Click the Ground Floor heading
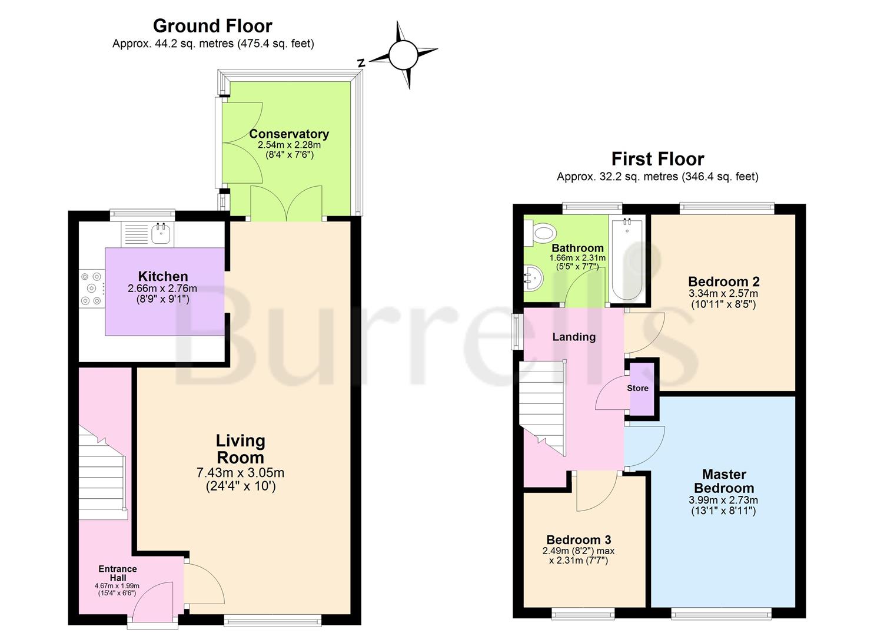[212, 26]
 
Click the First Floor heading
[657, 159]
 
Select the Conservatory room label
[288, 134]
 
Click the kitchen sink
[161, 234]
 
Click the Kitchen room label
[163, 276]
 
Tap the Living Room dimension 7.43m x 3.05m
[240, 473]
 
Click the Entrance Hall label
[117, 573]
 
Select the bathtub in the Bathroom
[627, 260]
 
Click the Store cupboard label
[637, 388]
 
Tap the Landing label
[574, 337]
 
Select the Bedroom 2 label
[723, 281]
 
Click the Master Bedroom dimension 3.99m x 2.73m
[723, 500]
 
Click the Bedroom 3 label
[579, 539]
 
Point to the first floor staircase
[543, 406]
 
